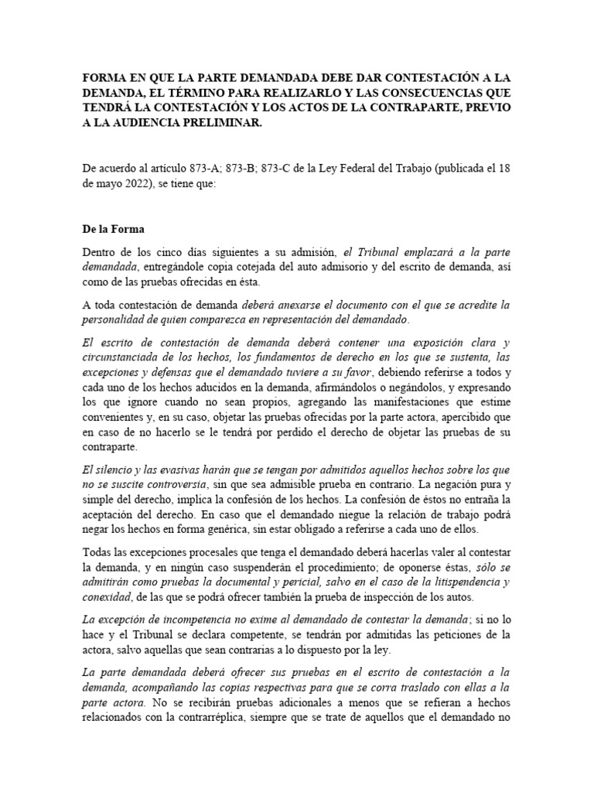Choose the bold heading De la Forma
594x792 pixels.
pyautogui.click(x=112, y=230)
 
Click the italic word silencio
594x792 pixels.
pyautogui.click(x=114, y=472)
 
